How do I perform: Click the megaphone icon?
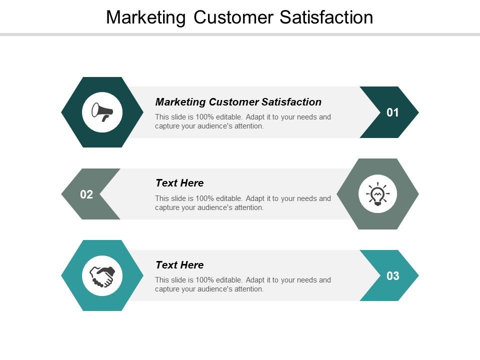tap(102, 112)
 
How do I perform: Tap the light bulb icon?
tap(377, 194)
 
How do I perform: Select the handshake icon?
tap(102, 275)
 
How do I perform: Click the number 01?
tap(393, 112)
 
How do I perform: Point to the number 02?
tap(86, 194)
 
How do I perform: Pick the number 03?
tap(393, 275)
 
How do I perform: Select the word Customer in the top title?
tap(233, 17)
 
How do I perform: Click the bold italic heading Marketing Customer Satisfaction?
tap(238, 102)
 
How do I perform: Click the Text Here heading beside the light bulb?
tap(179, 183)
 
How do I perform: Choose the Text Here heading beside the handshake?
tap(179, 265)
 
